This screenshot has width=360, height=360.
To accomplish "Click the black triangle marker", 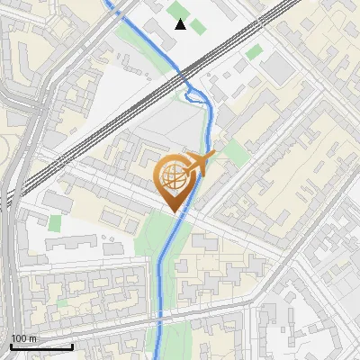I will coord(181,24).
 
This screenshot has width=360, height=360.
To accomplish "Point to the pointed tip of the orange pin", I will coord(175,211).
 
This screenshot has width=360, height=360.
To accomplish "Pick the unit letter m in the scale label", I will coord(34,338).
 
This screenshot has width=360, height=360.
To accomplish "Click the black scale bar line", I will coord(41,346).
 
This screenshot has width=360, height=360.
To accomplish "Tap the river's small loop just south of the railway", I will coord(192,93).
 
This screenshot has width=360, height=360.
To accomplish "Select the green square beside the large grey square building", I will coord(255,51).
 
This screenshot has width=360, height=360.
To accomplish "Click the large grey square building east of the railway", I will coord(279,67).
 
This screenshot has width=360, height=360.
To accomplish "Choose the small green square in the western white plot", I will coord(56,223).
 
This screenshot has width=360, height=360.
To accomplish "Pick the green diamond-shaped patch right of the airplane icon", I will coord(235,150).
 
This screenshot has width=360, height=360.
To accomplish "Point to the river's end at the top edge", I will coord(108,2).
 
